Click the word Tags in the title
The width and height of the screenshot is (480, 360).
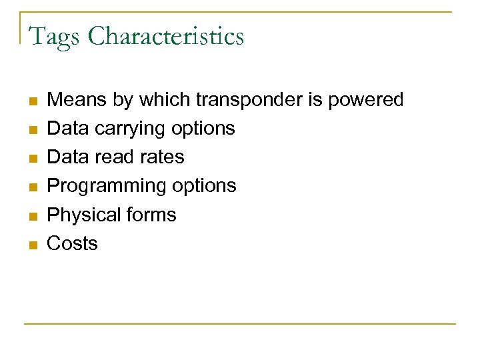point(54,36)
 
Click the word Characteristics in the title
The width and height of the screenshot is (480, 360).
point(166,36)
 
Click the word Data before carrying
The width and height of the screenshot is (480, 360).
point(69,128)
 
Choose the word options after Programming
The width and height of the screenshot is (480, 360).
point(206,186)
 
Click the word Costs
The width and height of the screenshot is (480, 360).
point(72,243)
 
